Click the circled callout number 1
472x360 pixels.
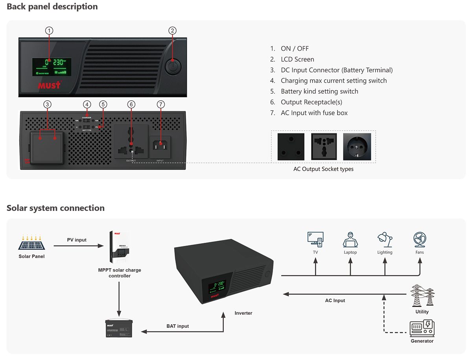[49, 31]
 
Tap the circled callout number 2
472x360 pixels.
[172, 31]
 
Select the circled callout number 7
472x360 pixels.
[160, 104]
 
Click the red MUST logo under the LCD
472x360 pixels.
[50, 85]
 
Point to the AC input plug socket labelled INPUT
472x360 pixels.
[160, 145]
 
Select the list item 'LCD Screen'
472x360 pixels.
[297, 59]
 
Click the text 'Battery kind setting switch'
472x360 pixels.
[319, 91]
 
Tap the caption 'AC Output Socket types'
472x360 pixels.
[323, 169]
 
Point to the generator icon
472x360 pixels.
[422, 328]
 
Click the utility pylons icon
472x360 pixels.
[422, 296]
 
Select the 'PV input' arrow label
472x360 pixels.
[77, 240]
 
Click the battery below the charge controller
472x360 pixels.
[119, 328]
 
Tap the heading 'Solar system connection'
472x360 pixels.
[55, 208]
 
